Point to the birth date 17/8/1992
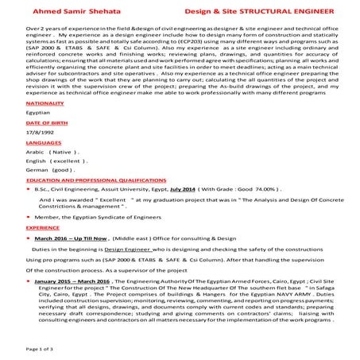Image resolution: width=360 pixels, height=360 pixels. (40, 158)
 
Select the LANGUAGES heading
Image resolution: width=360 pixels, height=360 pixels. (44, 168)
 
